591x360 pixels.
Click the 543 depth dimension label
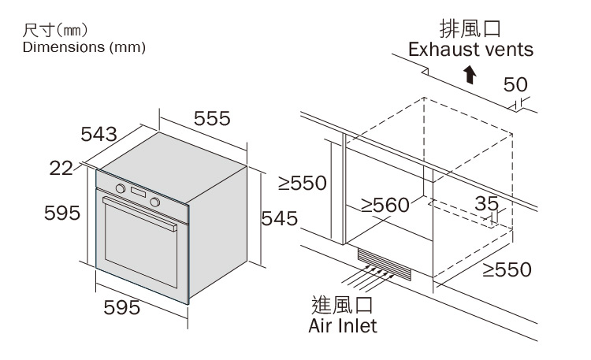(98, 135)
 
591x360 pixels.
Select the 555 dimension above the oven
(212, 118)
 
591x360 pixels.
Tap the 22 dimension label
(61, 167)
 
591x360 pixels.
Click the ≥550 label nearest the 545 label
(302, 184)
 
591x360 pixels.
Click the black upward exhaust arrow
(470, 74)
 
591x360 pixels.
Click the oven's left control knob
(121, 189)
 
